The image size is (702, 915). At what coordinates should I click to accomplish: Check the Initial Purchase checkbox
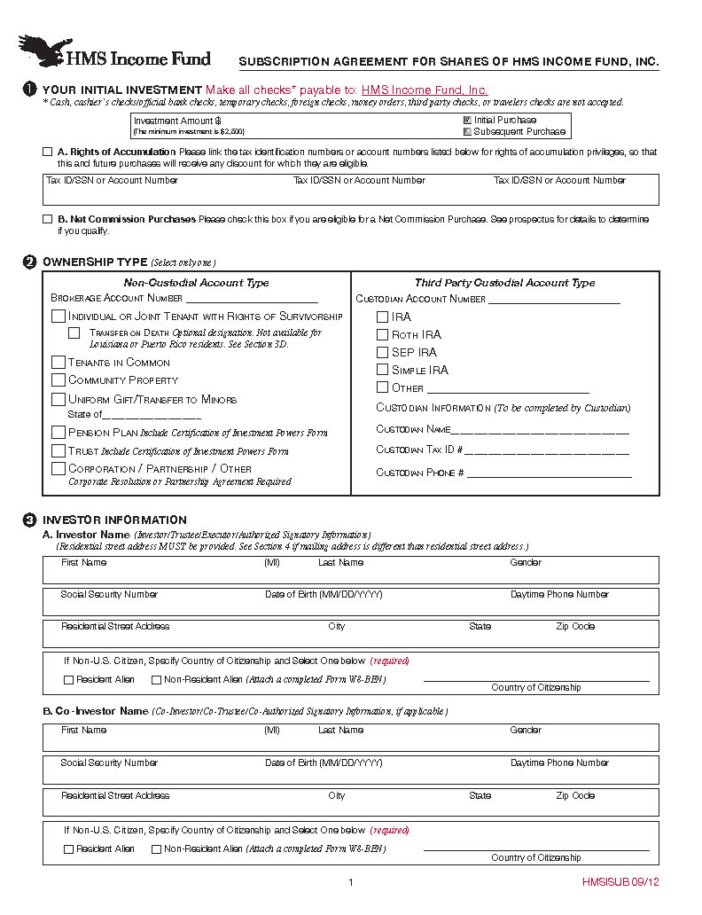(x=467, y=120)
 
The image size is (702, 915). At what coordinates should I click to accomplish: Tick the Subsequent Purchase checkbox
(x=467, y=131)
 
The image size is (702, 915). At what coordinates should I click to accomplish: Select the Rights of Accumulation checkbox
(x=48, y=152)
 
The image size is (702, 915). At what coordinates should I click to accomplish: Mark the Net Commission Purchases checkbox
(x=48, y=219)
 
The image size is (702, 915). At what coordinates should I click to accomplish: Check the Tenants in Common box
(x=58, y=362)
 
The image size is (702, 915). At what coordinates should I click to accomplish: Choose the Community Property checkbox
(x=58, y=380)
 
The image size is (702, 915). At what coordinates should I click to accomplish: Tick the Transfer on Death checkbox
(x=74, y=333)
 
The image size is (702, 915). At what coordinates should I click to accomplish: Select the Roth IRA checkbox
(x=383, y=334)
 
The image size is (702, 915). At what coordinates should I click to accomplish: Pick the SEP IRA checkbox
(x=383, y=352)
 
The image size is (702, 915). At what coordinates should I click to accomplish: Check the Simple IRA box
(x=383, y=370)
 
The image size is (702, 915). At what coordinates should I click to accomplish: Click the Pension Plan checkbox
(x=58, y=433)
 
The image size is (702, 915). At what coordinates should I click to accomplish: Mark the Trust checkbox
(x=58, y=450)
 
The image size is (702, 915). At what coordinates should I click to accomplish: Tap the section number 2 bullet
(x=29, y=262)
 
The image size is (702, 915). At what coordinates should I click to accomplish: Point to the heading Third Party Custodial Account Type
(x=504, y=283)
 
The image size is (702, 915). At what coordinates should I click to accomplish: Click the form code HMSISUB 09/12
(x=621, y=882)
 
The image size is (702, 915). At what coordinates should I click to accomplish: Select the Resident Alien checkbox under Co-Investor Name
(x=68, y=849)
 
